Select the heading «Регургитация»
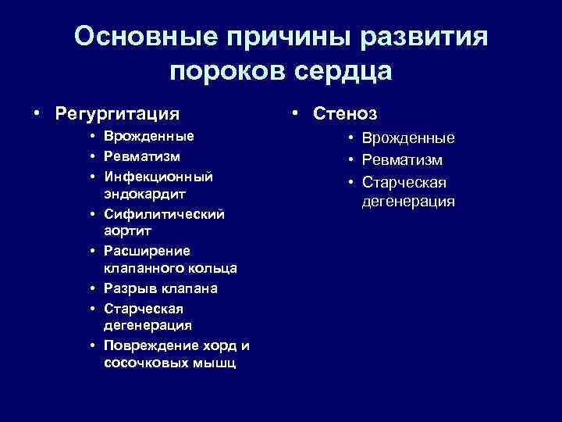tap(117, 113)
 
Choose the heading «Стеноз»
tap(345, 113)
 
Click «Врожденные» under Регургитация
tap(148, 136)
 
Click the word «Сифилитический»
tap(164, 213)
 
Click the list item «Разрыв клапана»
tap(160, 288)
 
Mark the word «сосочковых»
tap(141, 363)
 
